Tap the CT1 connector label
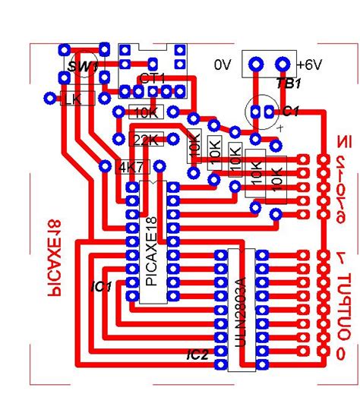(x=153, y=78)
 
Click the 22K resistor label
(x=146, y=140)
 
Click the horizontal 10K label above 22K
(x=145, y=112)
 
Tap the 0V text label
(x=223, y=65)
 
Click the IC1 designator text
(x=101, y=287)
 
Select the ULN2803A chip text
(x=242, y=310)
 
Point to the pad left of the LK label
(x=51, y=98)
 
